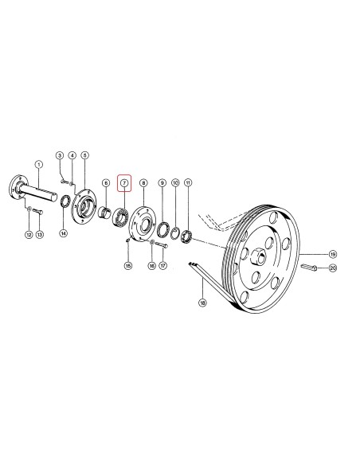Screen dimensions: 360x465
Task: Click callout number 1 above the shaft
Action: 38,164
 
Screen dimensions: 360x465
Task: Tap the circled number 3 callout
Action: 61,155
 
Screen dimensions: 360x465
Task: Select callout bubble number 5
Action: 85,155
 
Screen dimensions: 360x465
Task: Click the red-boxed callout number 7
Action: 124,183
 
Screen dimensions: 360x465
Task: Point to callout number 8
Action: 143,183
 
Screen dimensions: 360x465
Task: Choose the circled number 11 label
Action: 188,182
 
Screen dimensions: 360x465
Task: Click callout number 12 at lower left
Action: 29,235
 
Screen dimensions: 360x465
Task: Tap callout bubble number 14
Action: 63,233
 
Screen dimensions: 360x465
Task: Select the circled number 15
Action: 127,266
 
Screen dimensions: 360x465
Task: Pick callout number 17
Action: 163,266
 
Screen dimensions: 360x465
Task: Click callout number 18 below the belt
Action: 202,303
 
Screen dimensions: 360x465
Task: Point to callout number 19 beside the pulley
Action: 333,254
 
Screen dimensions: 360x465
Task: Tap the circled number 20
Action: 333,268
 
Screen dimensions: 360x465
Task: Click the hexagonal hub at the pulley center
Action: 258,256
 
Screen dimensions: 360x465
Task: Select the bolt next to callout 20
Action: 309,268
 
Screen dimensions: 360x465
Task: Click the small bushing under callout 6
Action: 104,212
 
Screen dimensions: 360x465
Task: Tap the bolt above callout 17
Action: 162,245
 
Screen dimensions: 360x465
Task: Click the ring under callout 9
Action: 163,229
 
